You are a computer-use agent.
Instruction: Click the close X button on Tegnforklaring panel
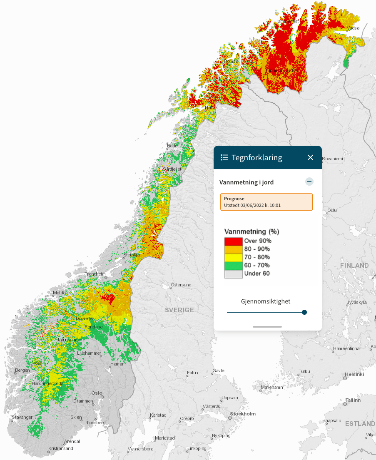click(310, 157)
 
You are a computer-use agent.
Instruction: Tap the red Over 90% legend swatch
click(233, 241)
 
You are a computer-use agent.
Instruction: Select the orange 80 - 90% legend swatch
click(233, 249)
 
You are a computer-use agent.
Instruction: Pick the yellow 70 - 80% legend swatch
click(233, 257)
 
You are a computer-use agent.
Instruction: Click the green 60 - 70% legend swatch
click(233, 266)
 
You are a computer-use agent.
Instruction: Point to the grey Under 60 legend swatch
click(233, 274)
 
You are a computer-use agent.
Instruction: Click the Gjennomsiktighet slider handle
click(304, 312)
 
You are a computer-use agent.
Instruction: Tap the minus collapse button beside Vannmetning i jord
click(309, 182)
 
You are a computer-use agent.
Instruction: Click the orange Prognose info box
click(266, 202)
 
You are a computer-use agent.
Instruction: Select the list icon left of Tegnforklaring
click(224, 157)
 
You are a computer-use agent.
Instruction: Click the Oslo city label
click(97, 393)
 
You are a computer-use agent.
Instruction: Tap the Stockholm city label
click(243, 414)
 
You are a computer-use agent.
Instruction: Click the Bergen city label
click(22, 370)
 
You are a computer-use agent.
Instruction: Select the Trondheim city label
click(95, 274)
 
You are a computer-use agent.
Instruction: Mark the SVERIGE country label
click(179, 310)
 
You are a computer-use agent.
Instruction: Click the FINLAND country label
click(354, 265)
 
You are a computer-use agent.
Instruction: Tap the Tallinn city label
click(352, 400)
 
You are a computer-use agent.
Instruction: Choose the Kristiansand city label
click(61, 448)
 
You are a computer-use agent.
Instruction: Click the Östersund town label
click(182, 285)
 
